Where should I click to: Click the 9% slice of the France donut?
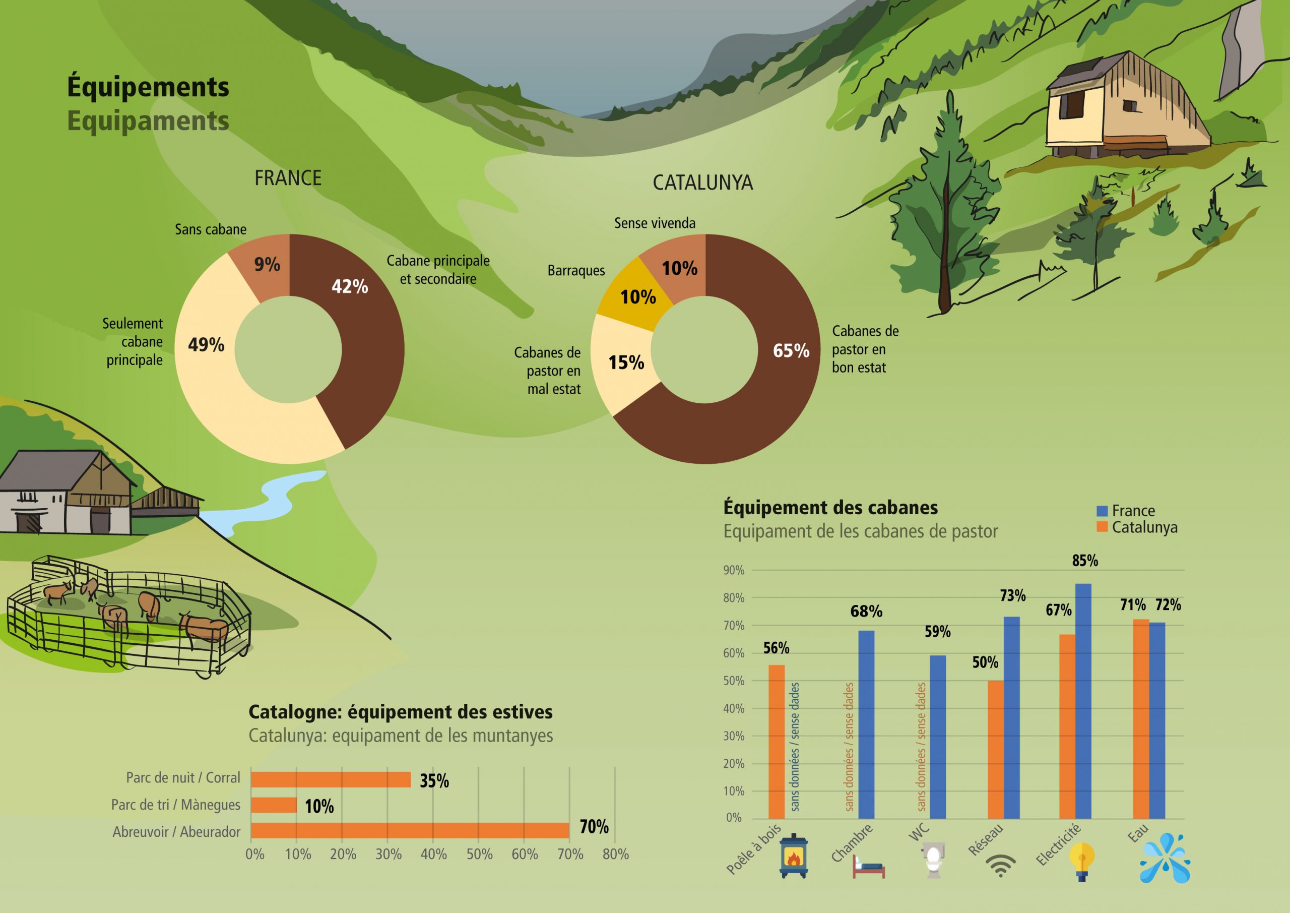point(263,265)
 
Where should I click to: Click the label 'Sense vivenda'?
point(655,223)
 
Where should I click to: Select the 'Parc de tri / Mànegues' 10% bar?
point(274,805)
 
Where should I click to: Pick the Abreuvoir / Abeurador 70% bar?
point(410,830)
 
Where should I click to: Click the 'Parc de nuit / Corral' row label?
point(183,777)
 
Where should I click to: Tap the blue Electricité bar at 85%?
point(1083,701)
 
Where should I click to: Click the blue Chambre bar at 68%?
point(866,724)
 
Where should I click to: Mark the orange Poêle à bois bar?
point(777,742)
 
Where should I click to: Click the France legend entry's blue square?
point(1102,511)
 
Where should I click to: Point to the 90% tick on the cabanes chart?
point(734,570)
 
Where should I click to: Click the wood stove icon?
point(793,855)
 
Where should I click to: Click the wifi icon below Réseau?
point(1001,866)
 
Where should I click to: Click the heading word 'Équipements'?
point(148,87)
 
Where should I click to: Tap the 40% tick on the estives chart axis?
point(434,854)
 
